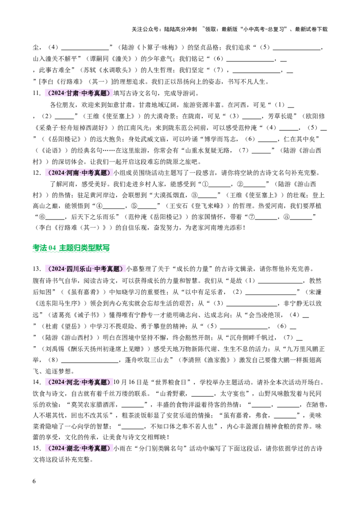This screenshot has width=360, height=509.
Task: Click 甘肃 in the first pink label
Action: click(x=72, y=94)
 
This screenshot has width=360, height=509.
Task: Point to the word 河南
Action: click(x=72, y=173)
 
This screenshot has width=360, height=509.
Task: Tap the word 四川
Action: click(x=72, y=269)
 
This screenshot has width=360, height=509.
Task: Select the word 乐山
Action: click(x=85, y=269)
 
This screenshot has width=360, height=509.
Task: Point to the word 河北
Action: click(x=72, y=382)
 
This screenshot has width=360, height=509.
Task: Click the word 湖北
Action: click(x=72, y=448)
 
